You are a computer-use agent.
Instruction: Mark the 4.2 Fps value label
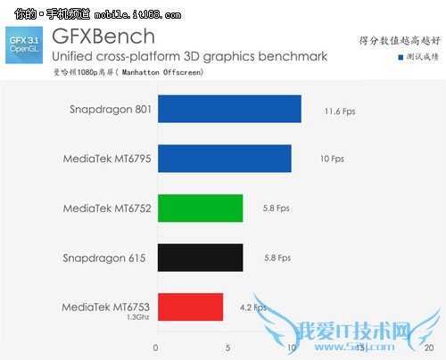pos(254,307)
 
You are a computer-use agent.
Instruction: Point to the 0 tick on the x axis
pos(157,348)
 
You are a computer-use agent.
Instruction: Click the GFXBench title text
pos(103,37)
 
